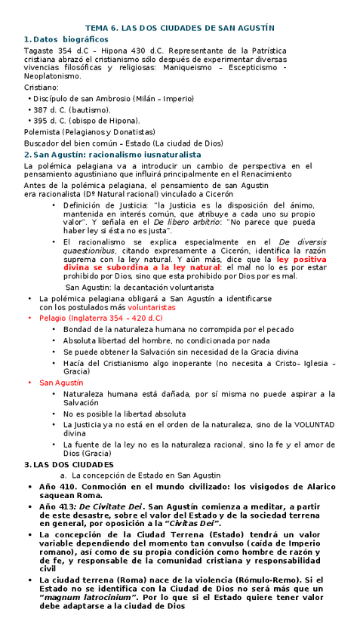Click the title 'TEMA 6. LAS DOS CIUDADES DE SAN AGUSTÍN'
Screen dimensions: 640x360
[180, 27]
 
